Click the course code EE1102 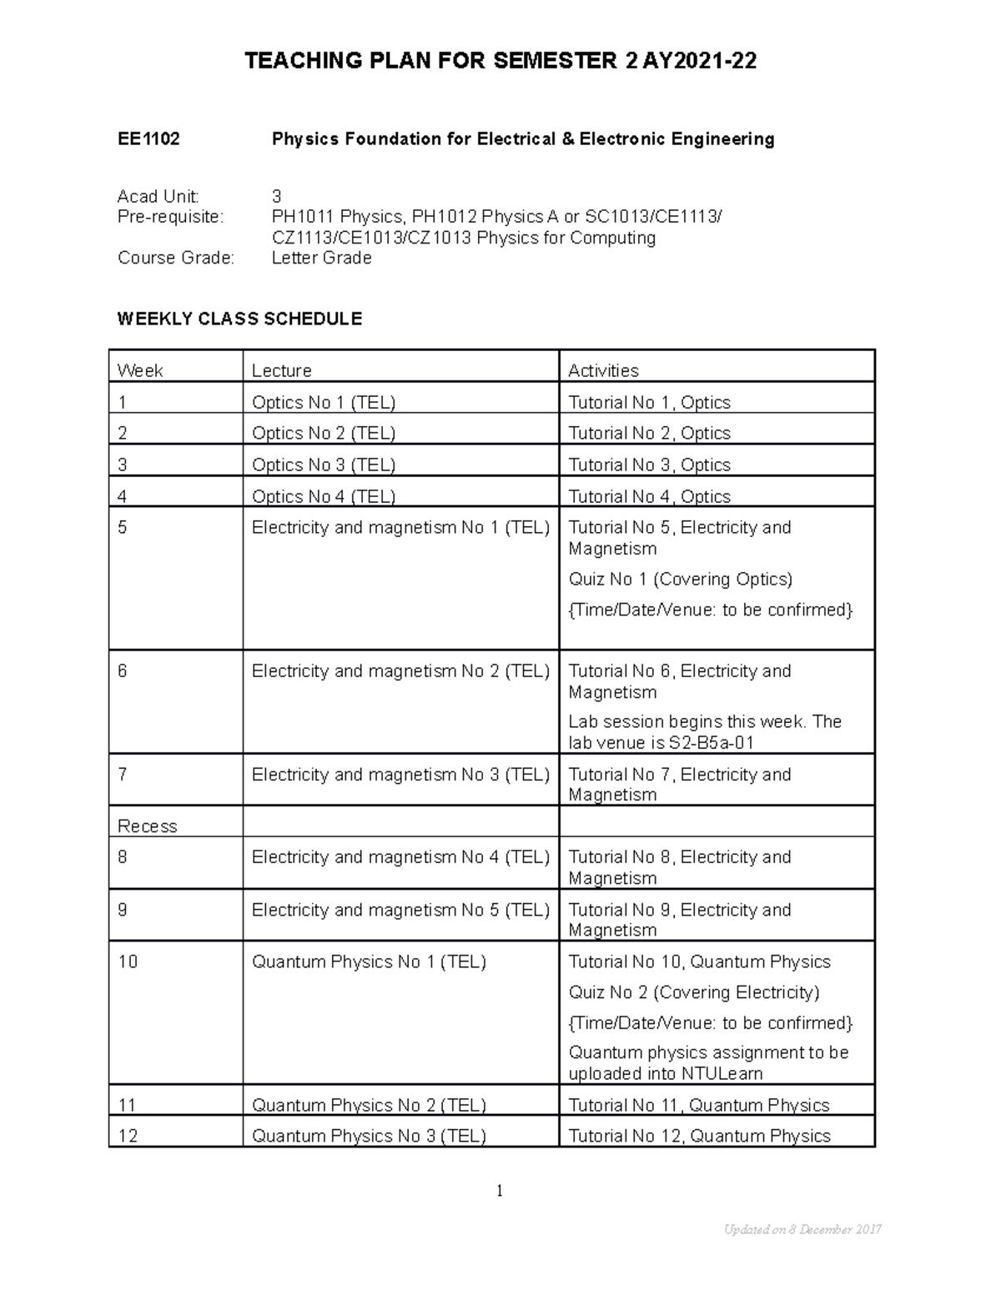pos(148,139)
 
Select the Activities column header pos(603,370)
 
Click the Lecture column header pos(282,370)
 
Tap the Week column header pos(140,370)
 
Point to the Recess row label pos(148,826)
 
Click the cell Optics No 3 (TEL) pos(324,464)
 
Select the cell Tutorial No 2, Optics pos(649,433)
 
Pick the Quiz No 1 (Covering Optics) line pos(680,579)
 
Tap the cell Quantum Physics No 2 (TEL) pos(369,1105)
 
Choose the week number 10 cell pos(128,961)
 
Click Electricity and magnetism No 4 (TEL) pos(400,857)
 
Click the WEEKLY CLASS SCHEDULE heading pos(239,319)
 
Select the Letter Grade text pos(321,258)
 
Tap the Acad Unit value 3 pos(277,197)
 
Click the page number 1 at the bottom pos(500,1191)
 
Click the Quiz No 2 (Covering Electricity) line pos(693,992)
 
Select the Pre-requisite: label pos(171,217)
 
